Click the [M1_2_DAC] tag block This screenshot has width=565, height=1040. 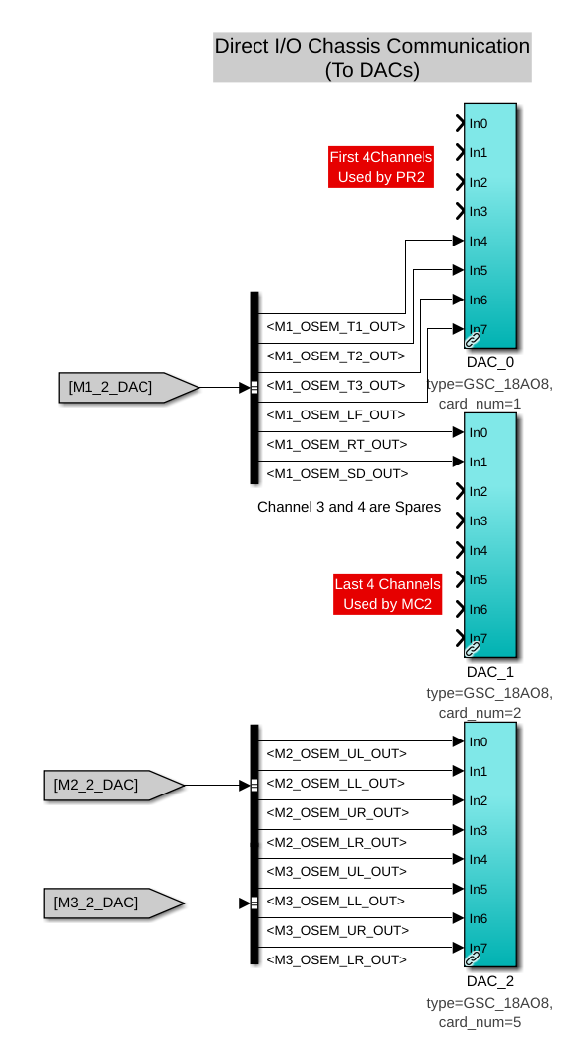(129, 387)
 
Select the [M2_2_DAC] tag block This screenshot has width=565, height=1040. (114, 786)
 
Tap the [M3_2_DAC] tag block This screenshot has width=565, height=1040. (114, 903)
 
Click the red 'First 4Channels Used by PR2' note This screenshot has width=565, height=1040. (381, 167)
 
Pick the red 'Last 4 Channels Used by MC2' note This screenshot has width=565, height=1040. (388, 594)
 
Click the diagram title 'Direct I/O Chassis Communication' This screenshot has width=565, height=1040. (372, 46)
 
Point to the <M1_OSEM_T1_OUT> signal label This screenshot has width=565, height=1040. (336, 327)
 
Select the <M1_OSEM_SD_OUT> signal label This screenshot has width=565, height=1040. (337, 474)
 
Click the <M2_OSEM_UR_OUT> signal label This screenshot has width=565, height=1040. (337, 813)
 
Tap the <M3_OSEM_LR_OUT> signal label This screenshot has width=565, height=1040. (337, 960)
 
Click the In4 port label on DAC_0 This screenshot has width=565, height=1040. (478, 242)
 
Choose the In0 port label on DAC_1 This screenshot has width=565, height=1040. (478, 433)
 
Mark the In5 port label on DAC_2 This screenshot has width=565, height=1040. (478, 890)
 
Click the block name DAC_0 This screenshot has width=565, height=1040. (490, 362)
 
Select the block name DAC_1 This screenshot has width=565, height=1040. (490, 672)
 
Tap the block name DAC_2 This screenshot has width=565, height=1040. (490, 982)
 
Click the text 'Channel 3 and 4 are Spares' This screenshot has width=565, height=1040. (349, 508)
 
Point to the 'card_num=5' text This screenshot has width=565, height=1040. (480, 1022)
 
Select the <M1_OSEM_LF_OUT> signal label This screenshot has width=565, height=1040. (336, 415)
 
